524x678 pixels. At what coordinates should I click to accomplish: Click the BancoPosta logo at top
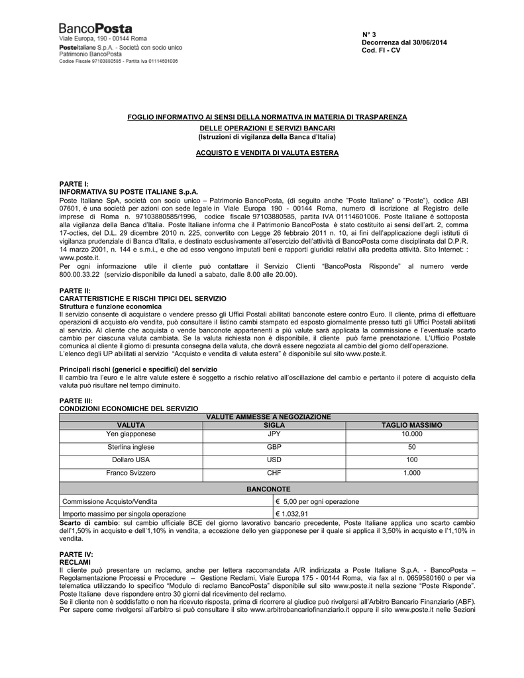pyautogui.click(x=96, y=29)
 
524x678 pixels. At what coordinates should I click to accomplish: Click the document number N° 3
pyautogui.click(x=369, y=34)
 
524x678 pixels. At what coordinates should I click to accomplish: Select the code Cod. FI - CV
pyautogui.click(x=381, y=50)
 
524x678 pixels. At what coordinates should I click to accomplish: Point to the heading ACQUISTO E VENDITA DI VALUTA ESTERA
pyautogui.click(x=267, y=153)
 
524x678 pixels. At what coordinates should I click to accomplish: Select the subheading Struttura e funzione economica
pyautogui.click(x=111, y=307)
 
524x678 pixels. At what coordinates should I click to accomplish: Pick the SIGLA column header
pyautogui.click(x=274, y=424)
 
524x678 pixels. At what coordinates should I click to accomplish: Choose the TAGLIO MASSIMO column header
pyautogui.click(x=412, y=424)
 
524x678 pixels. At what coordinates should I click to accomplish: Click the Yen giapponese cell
pyautogui.click(x=131, y=434)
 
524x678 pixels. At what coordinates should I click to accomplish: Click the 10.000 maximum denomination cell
pyautogui.click(x=411, y=434)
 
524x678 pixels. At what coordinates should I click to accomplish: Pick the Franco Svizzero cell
pyautogui.click(x=131, y=473)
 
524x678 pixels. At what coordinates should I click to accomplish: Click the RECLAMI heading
pyautogui.click(x=75, y=561)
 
